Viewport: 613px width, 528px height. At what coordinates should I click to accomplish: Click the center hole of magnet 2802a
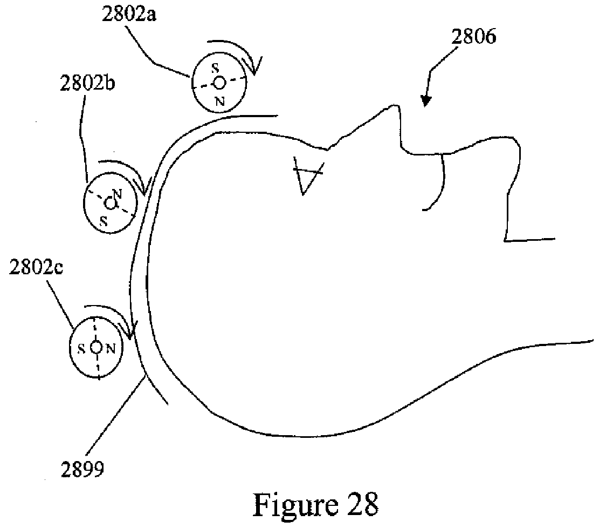pyautogui.click(x=219, y=82)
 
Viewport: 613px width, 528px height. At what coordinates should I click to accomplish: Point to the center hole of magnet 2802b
pyautogui.click(x=110, y=204)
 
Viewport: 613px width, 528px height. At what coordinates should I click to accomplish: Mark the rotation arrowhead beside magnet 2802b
pyautogui.click(x=143, y=188)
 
